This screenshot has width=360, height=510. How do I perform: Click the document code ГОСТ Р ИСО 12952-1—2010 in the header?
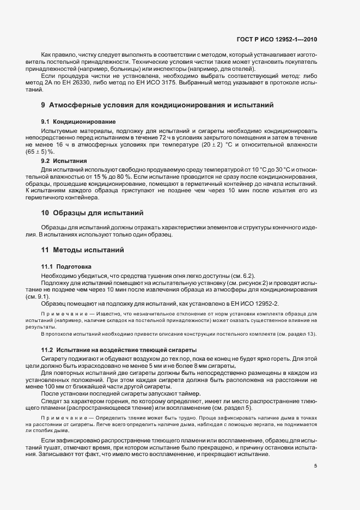pyautogui.click(x=285, y=39)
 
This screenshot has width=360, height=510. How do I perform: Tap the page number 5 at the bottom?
pyautogui.click(x=316, y=466)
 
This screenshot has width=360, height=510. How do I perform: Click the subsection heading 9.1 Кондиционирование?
pyautogui.click(x=78, y=121)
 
